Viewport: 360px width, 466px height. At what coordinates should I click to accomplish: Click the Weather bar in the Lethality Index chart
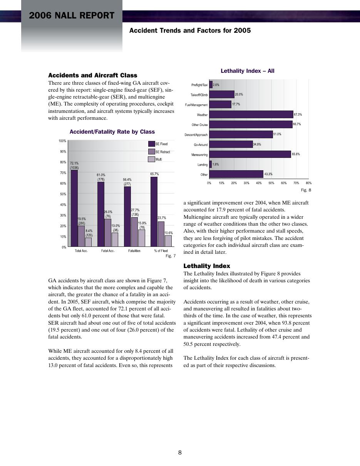pyautogui.click(x=251, y=114)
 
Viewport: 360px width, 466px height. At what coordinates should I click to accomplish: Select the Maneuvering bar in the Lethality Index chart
pyautogui.click(x=250, y=154)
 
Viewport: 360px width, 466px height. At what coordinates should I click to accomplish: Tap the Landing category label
pyautogui.click(x=203, y=165)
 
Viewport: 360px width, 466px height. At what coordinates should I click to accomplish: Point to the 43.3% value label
pyautogui.click(x=268, y=174)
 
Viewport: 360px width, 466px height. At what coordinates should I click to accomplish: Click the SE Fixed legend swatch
pyautogui.click(x=152, y=144)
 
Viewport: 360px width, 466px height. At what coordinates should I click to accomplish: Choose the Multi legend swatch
pyautogui.click(x=152, y=159)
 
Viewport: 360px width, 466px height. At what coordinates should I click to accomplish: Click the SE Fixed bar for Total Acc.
pyautogui.click(x=74, y=208)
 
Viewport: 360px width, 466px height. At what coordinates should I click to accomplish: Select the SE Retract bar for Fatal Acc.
pyautogui.click(x=108, y=233)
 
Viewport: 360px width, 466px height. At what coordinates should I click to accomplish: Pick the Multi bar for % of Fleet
pyautogui.click(x=168, y=241)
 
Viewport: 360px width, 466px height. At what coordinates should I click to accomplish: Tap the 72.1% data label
pyautogui.click(x=74, y=163)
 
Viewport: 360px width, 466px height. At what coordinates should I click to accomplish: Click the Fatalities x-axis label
pyautogui.click(x=134, y=251)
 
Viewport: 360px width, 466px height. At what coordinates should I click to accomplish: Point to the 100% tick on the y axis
pyautogui.click(x=62, y=141)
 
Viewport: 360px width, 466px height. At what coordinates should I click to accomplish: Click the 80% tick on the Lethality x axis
pyautogui.click(x=308, y=183)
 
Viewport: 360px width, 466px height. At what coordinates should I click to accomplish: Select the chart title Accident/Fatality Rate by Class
pyautogui.click(x=112, y=132)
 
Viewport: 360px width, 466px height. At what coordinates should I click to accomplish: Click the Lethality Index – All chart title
pyautogui.click(x=248, y=71)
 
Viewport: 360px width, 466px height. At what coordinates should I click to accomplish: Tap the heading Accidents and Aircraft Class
pyautogui.click(x=93, y=75)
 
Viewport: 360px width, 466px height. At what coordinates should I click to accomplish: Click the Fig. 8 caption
pyautogui.click(x=306, y=190)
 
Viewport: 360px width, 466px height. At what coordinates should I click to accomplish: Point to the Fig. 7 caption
pyautogui.click(x=171, y=256)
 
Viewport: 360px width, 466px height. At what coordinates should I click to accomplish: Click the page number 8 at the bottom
pyautogui.click(x=180, y=453)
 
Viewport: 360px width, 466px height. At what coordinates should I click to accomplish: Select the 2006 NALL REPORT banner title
pyautogui.click(x=72, y=16)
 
